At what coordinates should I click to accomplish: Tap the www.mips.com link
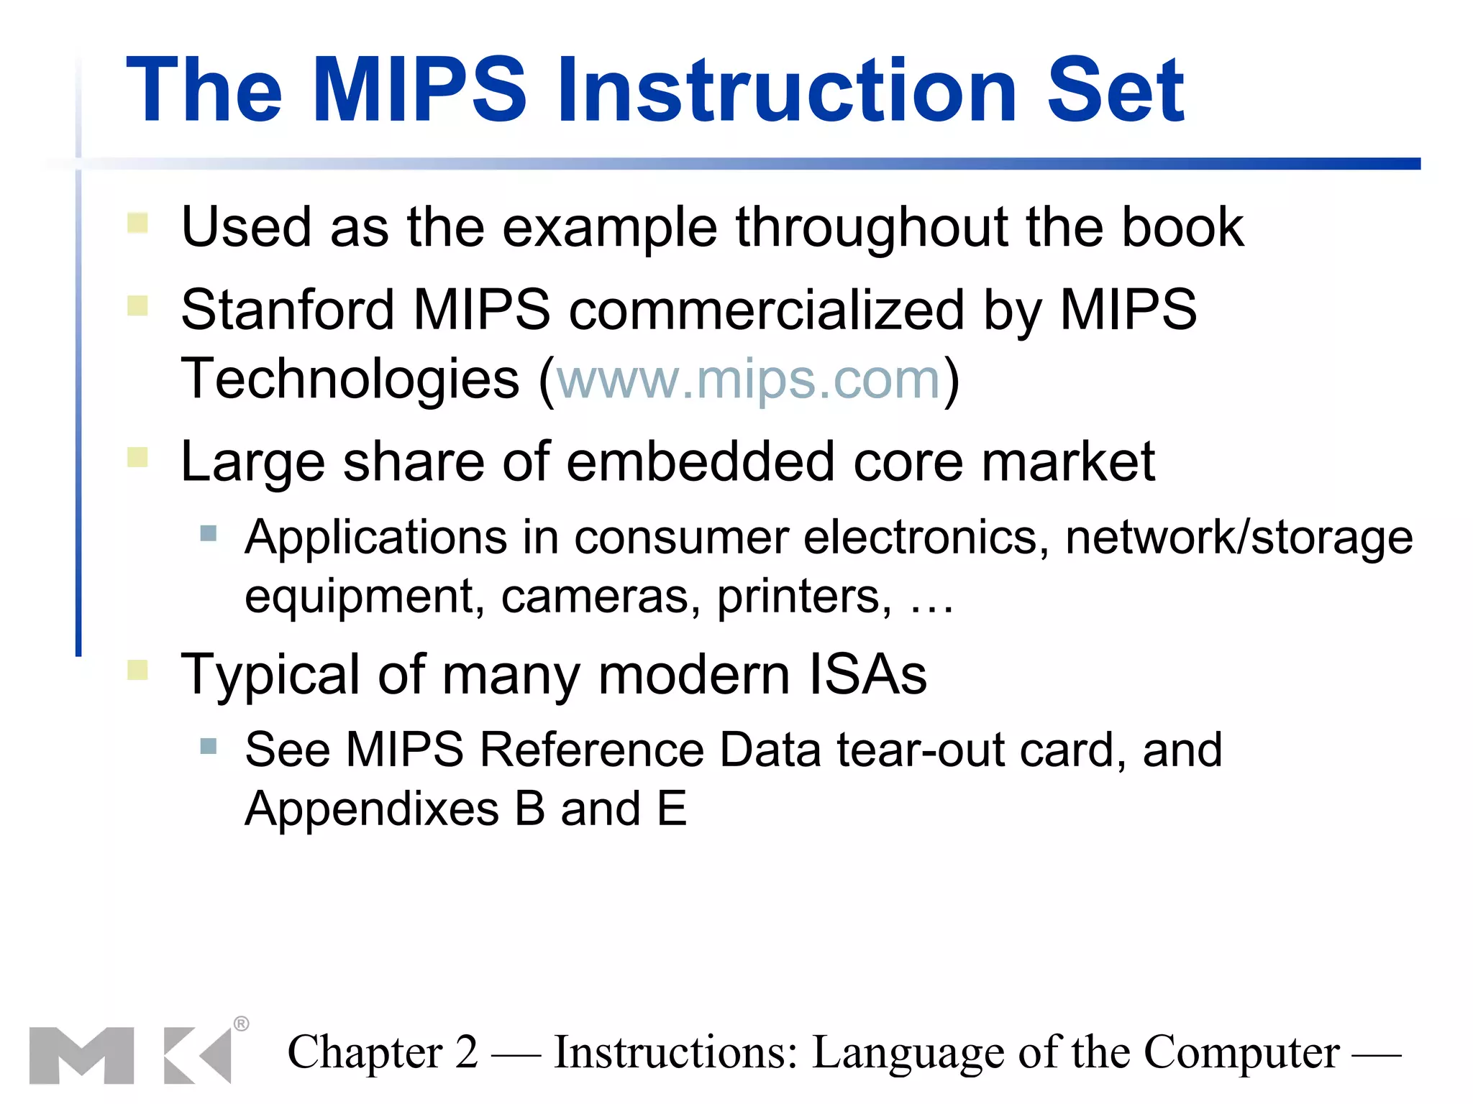(749, 379)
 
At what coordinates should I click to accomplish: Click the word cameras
(600, 597)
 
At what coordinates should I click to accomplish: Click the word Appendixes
(372, 809)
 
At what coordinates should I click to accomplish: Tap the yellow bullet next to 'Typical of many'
(137, 670)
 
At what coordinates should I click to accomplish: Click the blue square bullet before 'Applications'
(209, 533)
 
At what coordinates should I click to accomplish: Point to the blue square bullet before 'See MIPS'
(209, 746)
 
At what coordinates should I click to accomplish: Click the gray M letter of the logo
(81, 1055)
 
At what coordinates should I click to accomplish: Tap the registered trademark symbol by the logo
(242, 1023)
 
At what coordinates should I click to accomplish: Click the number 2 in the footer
(466, 1053)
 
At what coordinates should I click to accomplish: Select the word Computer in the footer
(1241, 1053)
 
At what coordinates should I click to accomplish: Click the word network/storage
(1239, 538)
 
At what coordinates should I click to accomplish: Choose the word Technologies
(350, 379)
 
